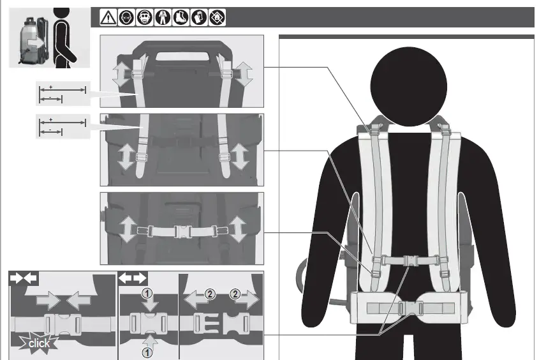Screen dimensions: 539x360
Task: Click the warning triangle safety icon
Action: (108, 18)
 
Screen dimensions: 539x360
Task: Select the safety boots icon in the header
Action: (181, 18)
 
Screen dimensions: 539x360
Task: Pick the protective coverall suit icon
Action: (163, 18)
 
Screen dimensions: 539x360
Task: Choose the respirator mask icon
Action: (145, 18)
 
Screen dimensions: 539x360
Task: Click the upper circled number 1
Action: (147, 294)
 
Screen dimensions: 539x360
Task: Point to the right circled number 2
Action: (236, 294)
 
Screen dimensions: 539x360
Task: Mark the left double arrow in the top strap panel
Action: (120, 75)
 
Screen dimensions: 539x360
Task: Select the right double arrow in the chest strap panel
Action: (239, 230)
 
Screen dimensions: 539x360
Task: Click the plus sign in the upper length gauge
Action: (50, 86)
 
